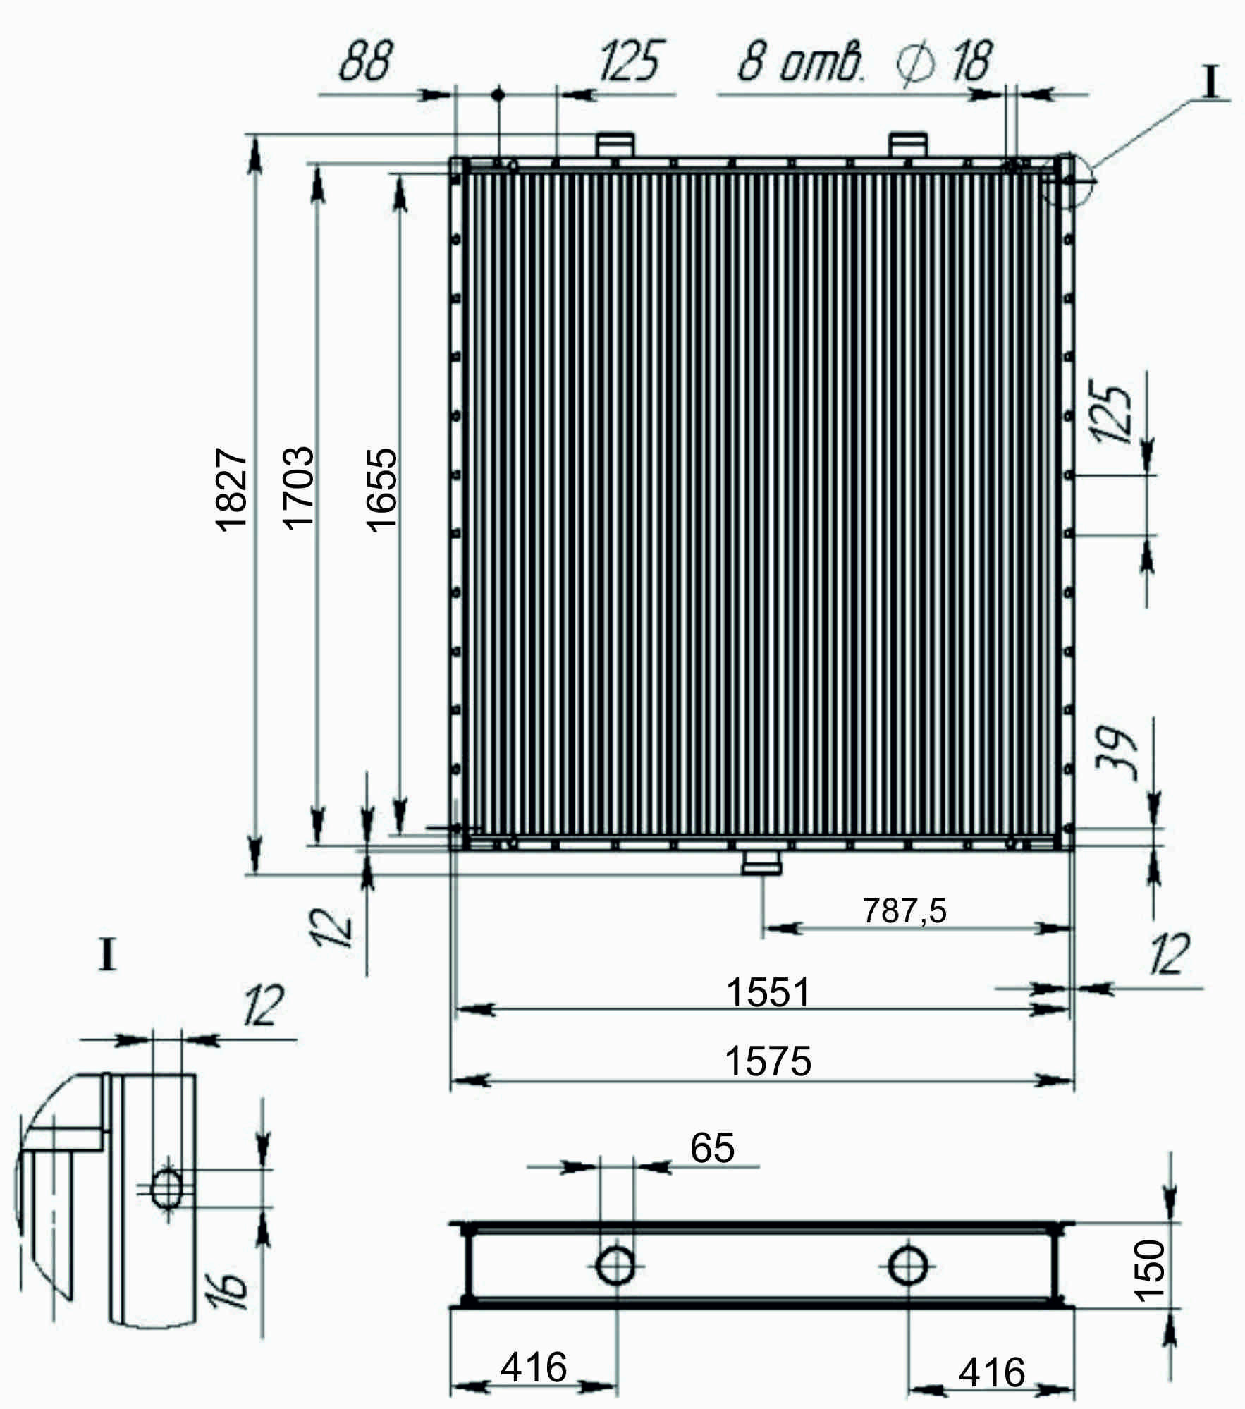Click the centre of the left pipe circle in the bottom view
click(616, 1265)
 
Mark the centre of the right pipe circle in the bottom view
click(908, 1265)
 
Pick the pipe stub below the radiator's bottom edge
click(761, 862)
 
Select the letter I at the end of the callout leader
click(1211, 82)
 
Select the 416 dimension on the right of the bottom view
click(992, 1372)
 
